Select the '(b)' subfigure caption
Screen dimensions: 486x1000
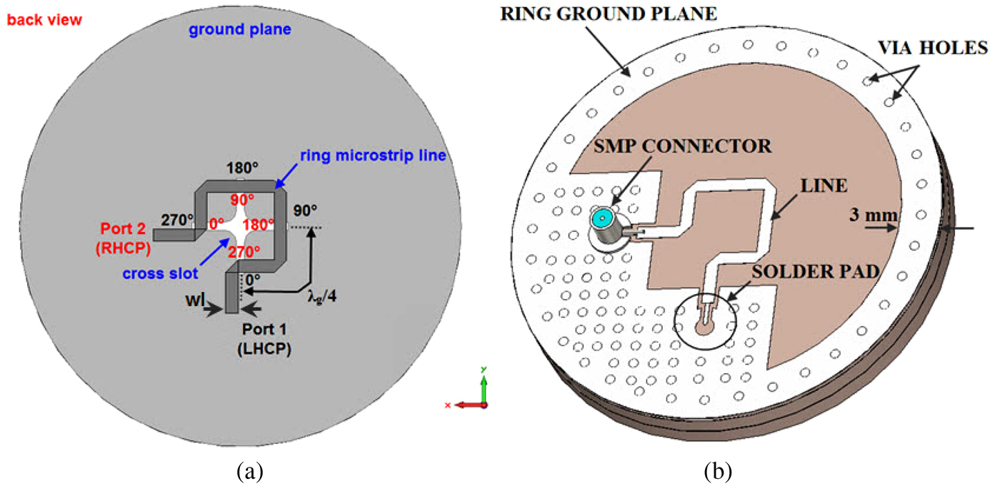pos(716,471)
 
